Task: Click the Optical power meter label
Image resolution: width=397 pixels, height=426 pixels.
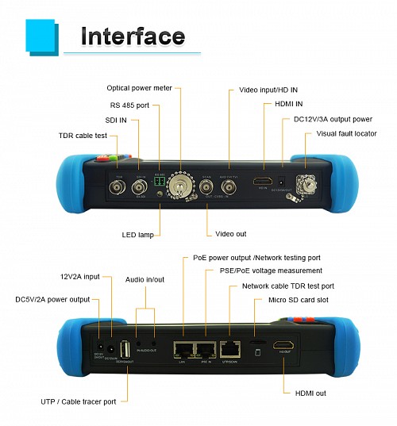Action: [140, 88]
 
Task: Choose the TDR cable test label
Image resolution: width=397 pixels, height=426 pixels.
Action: [83, 134]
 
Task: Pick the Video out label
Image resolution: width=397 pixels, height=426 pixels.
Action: [230, 235]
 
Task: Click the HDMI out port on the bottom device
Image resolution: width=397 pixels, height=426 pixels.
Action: [284, 347]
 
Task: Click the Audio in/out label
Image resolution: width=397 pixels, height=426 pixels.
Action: [145, 280]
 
